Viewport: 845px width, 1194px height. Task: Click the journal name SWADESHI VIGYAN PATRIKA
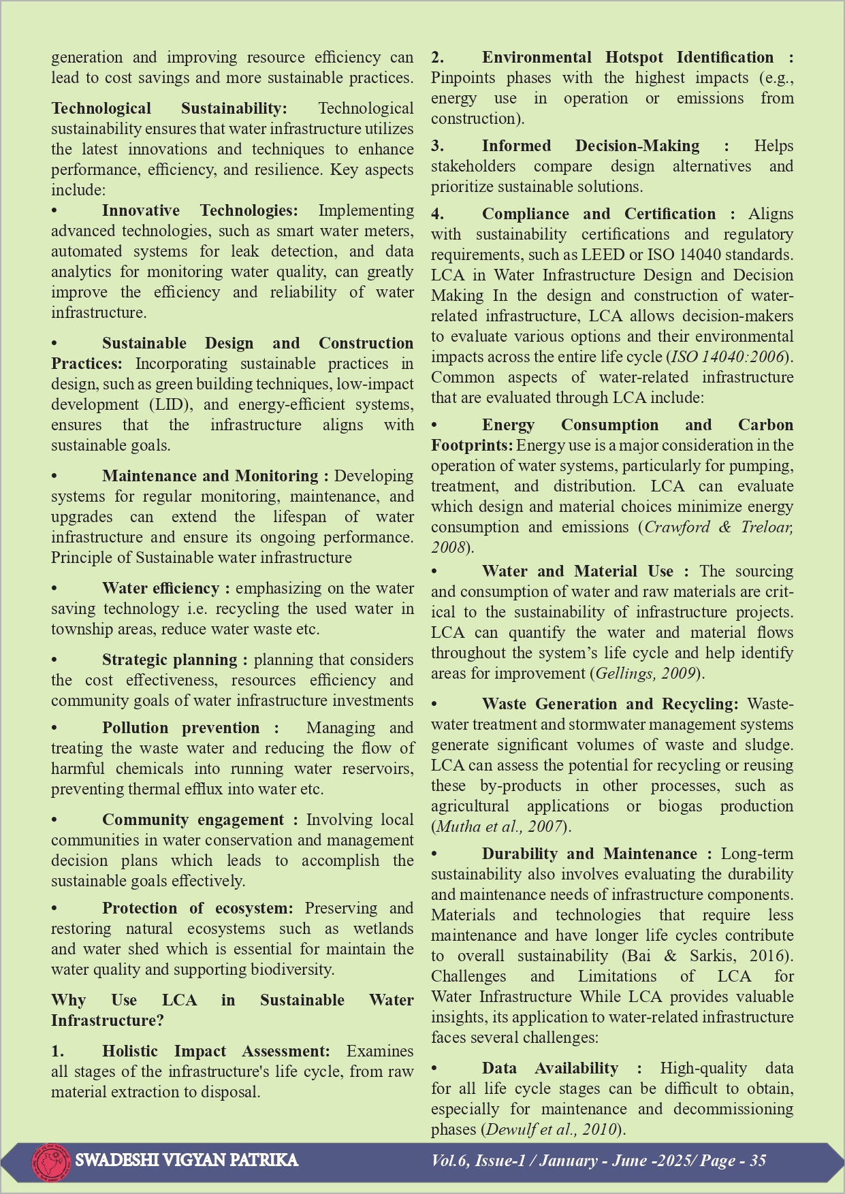coord(187,1160)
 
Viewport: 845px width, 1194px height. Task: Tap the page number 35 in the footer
coord(758,1161)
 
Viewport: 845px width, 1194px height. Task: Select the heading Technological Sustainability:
coord(169,108)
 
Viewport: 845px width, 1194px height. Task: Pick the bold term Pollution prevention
coord(180,728)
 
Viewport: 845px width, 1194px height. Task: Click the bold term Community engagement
coord(193,820)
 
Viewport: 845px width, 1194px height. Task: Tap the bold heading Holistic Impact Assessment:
coord(216,1051)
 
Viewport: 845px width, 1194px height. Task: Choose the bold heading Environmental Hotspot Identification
coord(627,57)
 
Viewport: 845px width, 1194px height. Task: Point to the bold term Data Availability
coord(549,1068)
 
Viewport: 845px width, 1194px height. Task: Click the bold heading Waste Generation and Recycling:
coord(609,704)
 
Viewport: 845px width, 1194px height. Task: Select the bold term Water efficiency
coord(160,588)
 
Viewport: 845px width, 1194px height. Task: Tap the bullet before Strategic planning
coord(54,660)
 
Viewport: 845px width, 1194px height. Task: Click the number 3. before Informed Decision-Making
coord(437,146)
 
